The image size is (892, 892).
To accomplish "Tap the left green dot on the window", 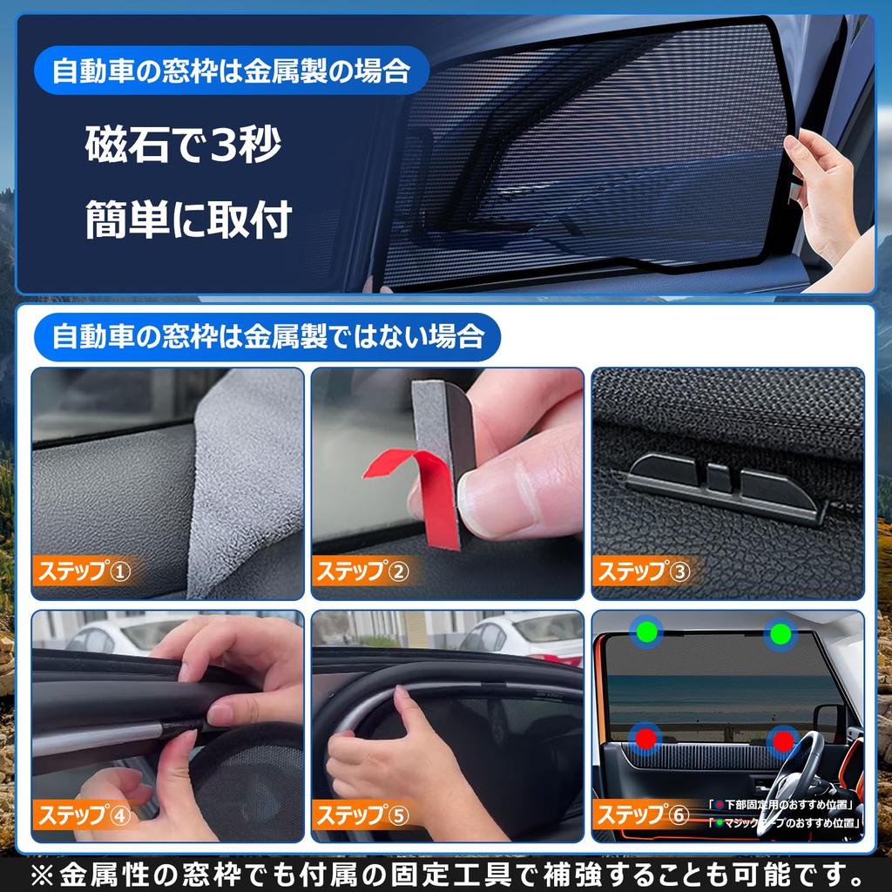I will (646, 632).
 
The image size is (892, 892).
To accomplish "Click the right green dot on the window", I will (781, 633).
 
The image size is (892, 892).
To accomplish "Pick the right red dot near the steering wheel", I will (783, 741).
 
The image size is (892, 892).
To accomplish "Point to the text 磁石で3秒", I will (183, 145).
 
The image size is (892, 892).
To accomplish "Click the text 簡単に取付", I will (187, 221).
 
